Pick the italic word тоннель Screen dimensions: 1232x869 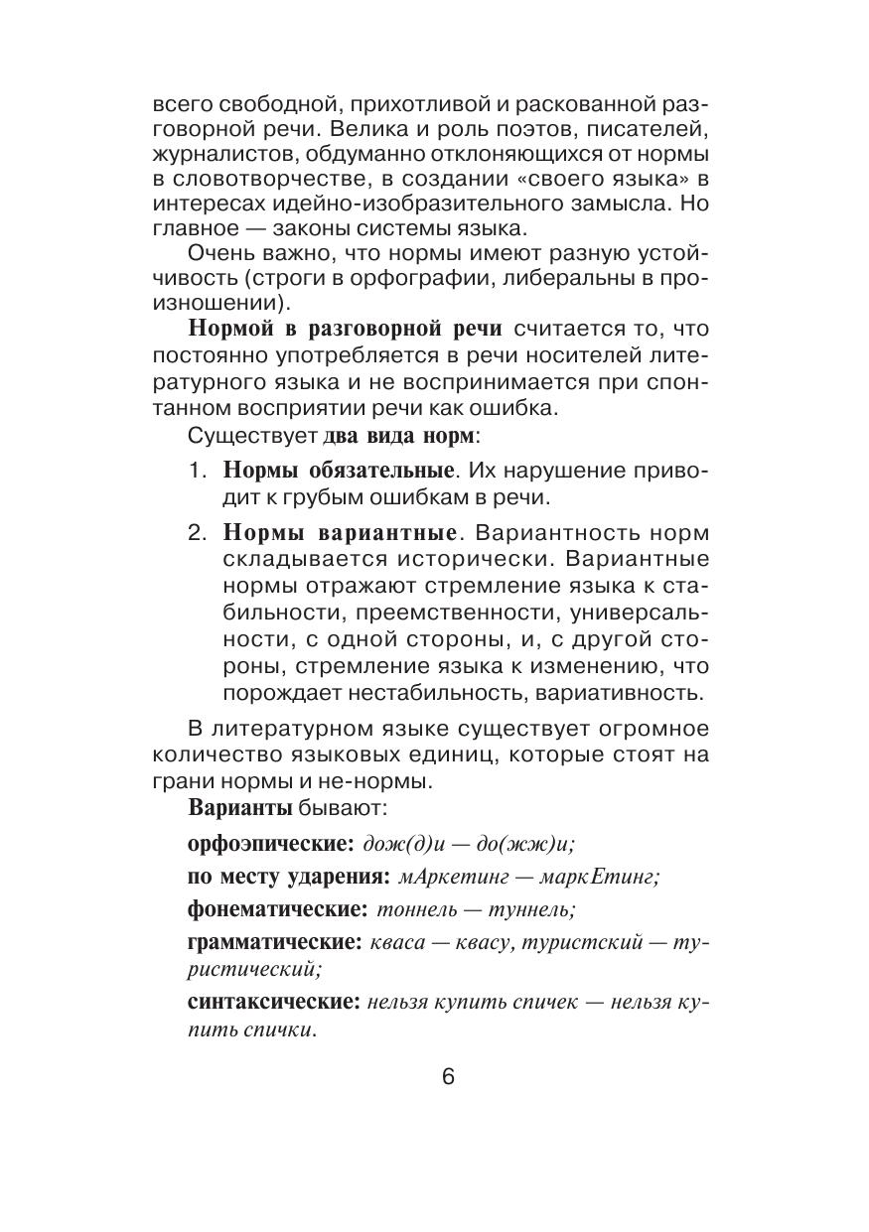pyautogui.click(x=415, y=909)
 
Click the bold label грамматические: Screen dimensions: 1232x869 pyautogui.click(x=274, y=942)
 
